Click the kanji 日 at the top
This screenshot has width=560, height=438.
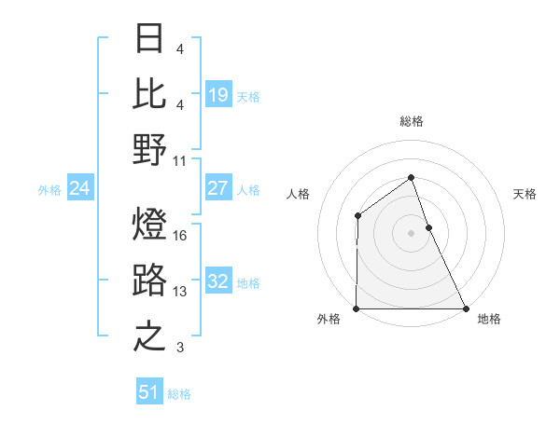(150, 39)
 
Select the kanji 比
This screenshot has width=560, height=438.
(150, 92)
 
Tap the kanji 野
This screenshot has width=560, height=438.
(150, 149)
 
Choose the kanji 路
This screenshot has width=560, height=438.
(150, 281)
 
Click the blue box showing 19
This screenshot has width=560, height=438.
(217, 94)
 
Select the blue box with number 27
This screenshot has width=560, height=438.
(217, 188)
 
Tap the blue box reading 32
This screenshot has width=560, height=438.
(217, 281)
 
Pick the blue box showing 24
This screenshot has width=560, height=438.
(79, 189)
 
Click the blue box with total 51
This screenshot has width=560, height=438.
(148, 392)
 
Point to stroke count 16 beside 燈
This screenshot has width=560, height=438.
(180, 236)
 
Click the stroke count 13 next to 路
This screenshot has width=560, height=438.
(180, 292)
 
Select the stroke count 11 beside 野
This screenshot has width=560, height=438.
(180, 160)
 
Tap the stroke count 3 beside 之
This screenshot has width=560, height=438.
(180, 348)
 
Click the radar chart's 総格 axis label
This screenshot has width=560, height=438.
(411, 121)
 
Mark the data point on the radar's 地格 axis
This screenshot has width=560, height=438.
(465, 308)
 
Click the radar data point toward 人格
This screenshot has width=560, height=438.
(358, 216)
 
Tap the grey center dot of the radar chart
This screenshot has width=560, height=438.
(411, 233)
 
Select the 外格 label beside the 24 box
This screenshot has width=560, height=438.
(49, 190)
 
